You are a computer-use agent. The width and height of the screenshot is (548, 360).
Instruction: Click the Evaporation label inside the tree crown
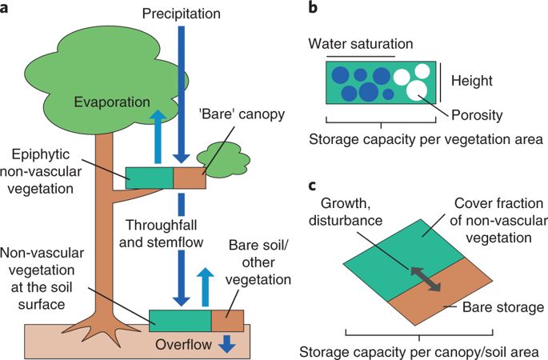point(111,102)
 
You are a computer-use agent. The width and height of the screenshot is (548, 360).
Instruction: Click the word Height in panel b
point(471,81)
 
